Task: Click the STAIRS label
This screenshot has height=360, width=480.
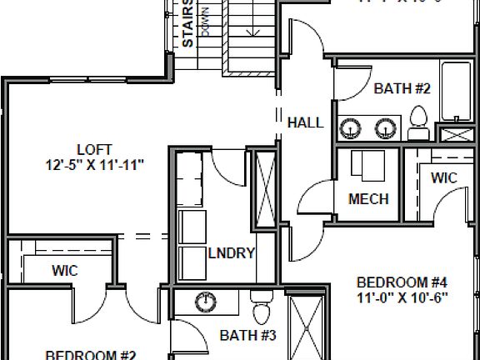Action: point(189,23)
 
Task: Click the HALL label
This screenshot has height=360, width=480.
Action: point(305,122)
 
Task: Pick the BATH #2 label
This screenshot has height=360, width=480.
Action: point(402,88)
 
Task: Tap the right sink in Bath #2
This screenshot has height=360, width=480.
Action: point(385,127)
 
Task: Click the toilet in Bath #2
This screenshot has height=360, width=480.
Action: point(420,124)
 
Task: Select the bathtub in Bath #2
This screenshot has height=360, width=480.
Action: point(456,96)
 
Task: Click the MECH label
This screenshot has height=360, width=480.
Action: point(368,200)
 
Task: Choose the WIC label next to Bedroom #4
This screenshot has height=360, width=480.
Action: point(443,177)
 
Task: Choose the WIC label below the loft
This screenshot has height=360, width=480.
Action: point(65,270)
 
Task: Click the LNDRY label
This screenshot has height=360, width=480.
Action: point(230,254)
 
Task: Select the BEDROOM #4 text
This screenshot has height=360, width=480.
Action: point(402,281)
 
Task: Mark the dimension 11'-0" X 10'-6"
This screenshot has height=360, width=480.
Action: point(402,297)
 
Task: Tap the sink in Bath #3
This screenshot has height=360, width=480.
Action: point(204,302)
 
